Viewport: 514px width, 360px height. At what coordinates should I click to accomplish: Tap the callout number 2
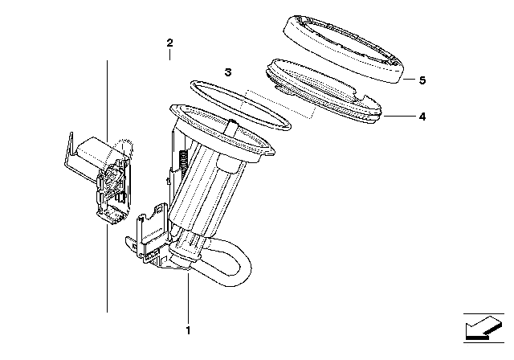(x=169, y=43)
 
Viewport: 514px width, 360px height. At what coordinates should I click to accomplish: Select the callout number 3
(x=228, y=72)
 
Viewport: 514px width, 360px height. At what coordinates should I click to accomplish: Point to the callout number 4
(x=422, y=117)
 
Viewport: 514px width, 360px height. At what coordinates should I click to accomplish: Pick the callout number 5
(x=422, y=80)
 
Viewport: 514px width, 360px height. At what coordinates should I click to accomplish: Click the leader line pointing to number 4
(x=398, y=117)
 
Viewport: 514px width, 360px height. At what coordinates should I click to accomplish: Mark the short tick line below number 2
(x=169, y=55)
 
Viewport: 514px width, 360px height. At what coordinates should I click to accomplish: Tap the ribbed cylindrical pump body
(x=206, y=193)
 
